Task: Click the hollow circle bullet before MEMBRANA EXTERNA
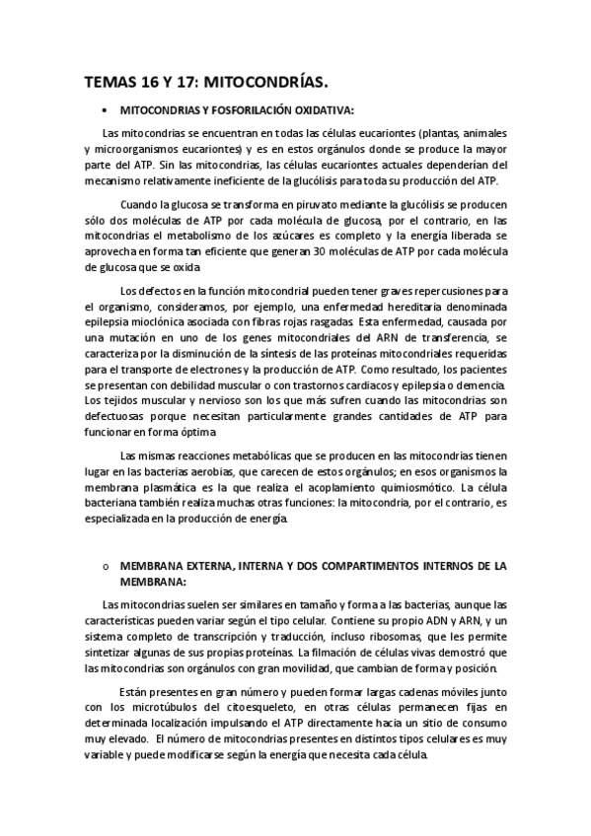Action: (x=104, y=567)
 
